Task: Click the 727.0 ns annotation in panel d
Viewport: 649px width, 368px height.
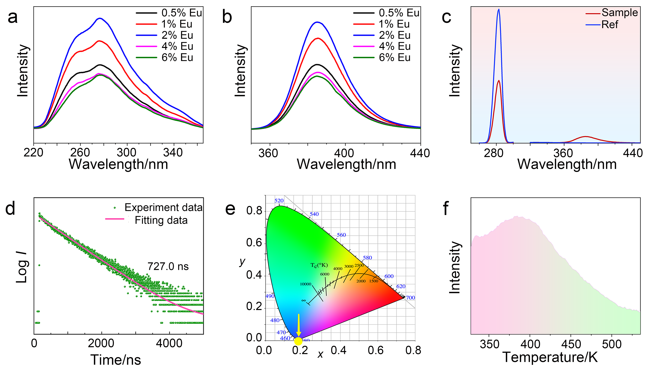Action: coord(168,266)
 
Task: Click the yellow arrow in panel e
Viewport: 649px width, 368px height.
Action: coord(299,326)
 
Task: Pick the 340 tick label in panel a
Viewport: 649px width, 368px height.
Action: coord(173,153)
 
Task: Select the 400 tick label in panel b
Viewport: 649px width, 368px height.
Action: coord(345,153)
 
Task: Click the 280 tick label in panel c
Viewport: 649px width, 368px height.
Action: coord(494,153)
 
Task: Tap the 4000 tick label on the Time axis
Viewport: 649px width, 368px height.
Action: coord(169,344)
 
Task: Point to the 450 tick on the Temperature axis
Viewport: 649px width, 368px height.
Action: coord(571,344)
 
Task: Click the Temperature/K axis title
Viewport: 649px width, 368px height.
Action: coord(550,357)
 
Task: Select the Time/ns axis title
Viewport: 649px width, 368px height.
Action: coord(116,359)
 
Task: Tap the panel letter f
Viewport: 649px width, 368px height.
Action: coord(446,209)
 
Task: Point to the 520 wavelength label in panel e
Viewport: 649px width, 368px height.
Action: coord(279,201)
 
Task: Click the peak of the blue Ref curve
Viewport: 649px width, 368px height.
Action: coord(499,9)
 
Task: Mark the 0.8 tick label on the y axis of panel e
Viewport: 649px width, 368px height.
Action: coord(254,211)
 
